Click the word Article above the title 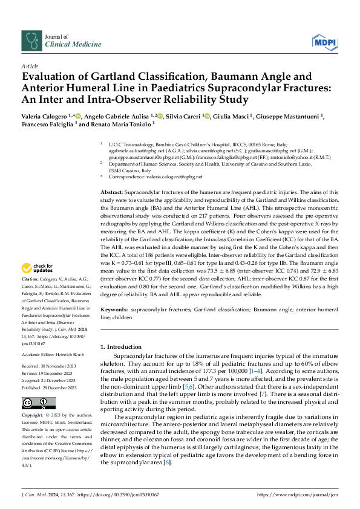29,65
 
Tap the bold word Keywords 114,310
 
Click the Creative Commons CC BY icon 38,403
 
